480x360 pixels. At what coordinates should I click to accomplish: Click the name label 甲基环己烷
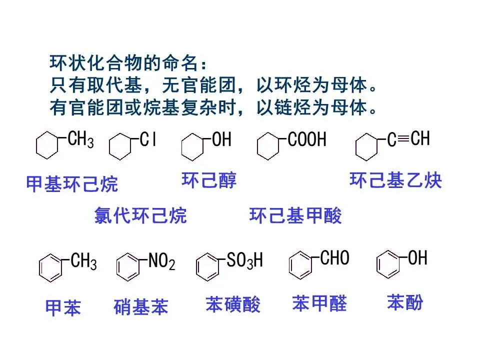[x=72, y=184]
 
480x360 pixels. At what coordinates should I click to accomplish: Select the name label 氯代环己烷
[x=140, y=215]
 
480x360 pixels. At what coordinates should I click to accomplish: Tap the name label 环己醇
[x=209, y=180]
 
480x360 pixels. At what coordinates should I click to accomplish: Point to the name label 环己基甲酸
[x=295, y=215]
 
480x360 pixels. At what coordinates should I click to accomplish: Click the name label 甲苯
[x=63, y=307]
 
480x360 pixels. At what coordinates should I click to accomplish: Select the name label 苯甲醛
[x=319, y=303]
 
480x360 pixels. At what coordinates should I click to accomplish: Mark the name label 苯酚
[x=405, y=302]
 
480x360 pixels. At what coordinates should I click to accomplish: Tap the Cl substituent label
[x=148, y=140]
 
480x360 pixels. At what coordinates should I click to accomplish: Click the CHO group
[x=334, y=258]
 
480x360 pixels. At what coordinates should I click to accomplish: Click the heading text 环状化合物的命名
[x=127, y=64]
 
